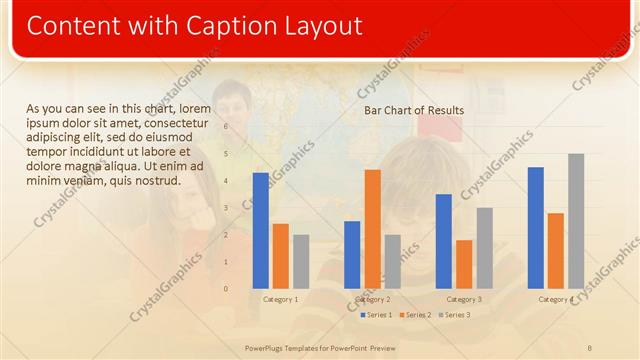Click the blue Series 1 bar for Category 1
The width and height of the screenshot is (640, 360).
click(261, 230)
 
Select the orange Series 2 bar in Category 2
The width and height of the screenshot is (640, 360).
click(372, 228)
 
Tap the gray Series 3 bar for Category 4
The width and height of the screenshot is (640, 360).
click(576, 220)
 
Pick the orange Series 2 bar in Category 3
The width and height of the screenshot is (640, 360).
click(464, 264)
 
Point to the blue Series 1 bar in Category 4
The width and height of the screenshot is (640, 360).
click(536, 227)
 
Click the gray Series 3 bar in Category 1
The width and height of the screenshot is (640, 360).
click(301, 261)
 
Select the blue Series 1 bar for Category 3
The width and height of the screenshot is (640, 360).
click(444, 240)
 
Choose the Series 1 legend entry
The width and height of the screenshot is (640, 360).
click(376, 315)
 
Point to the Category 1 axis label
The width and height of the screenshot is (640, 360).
click(280, 299)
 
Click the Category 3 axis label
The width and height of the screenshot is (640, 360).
click(464, 299)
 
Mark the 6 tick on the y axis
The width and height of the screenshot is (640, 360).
click(227, 126)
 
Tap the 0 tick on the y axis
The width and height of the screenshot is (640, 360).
click(227, 289)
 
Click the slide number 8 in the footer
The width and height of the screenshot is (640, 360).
click(590, 347)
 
